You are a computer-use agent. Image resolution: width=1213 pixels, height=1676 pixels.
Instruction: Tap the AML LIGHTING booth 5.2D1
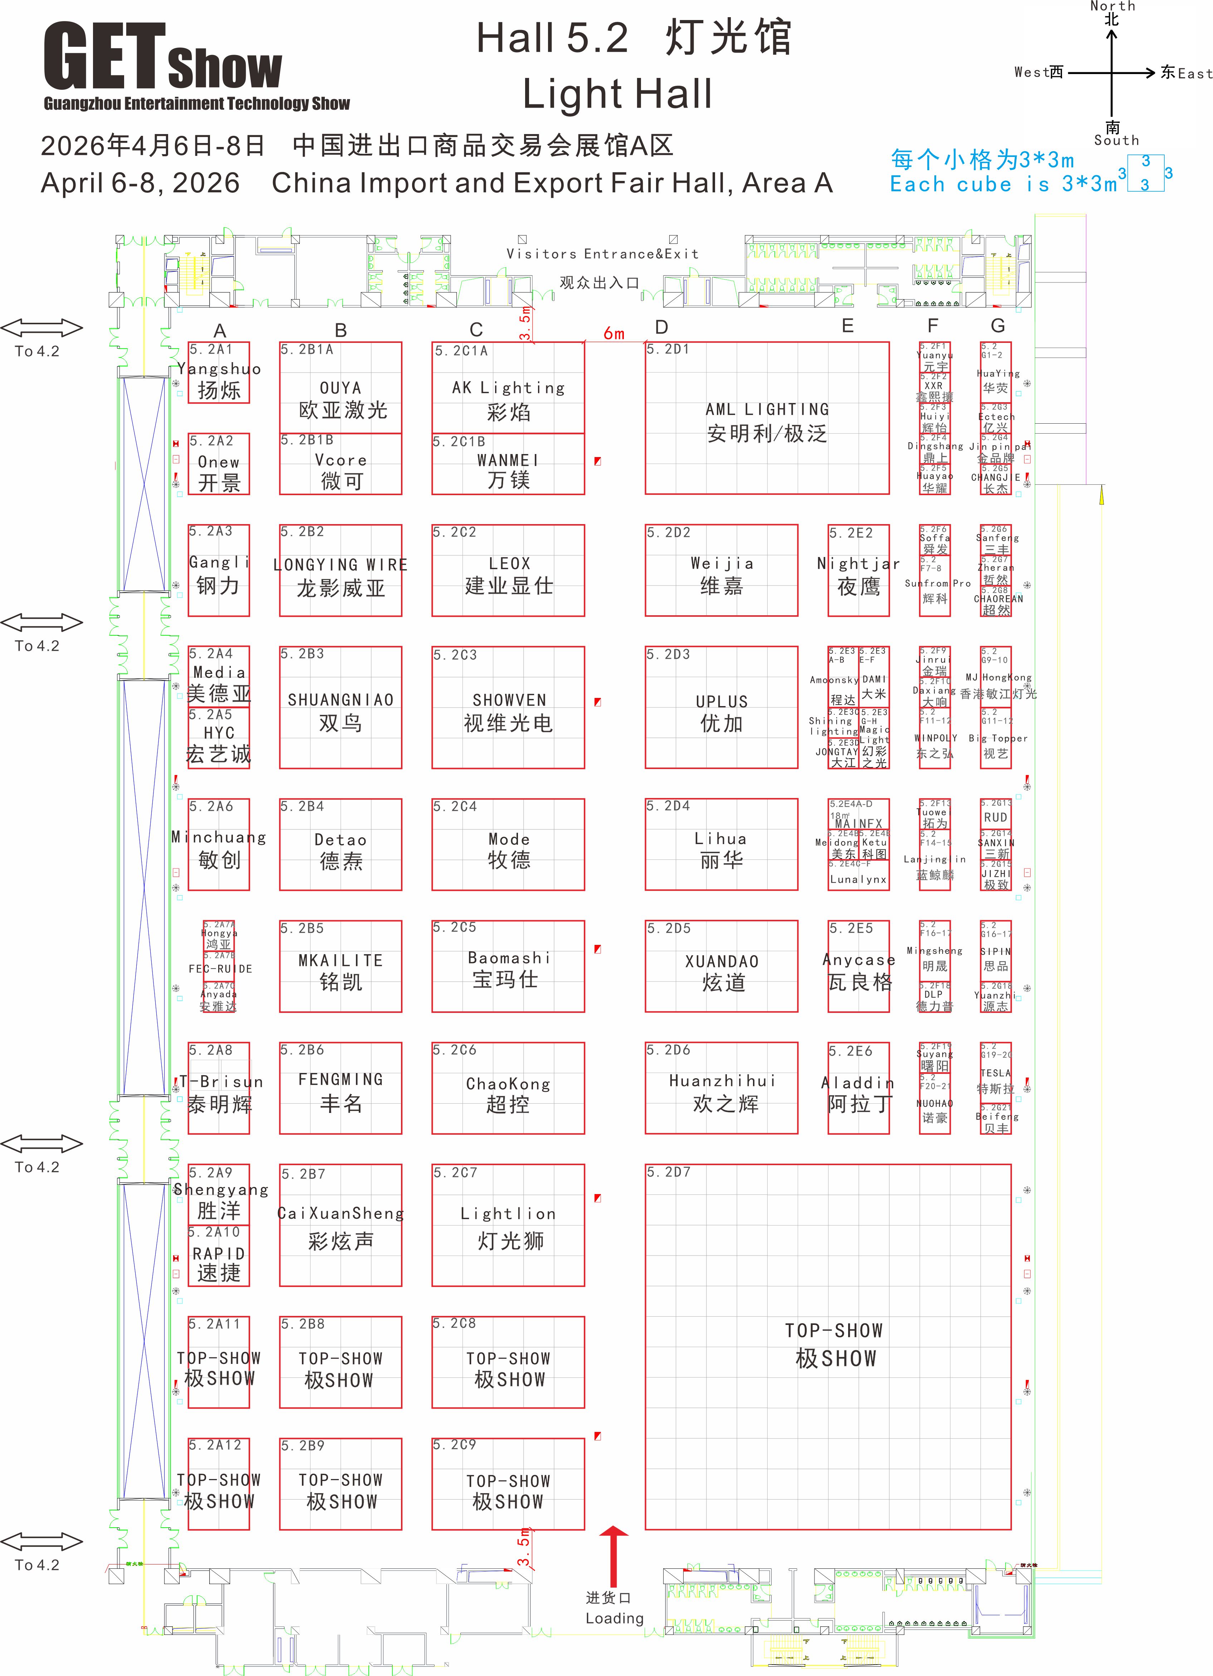(x=767, y=418)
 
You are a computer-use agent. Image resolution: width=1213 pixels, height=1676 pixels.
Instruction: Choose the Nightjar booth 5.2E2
(x=858, y=571)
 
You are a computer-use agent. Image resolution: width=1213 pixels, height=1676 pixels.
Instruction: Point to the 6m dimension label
(x=613, y=333)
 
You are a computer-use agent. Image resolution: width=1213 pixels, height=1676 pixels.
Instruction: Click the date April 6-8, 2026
(x=141, y=183)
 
